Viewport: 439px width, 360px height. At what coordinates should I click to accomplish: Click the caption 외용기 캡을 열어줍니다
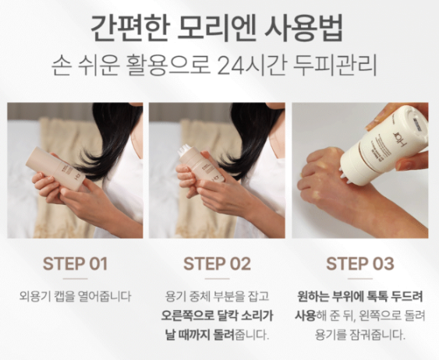click(75, 297)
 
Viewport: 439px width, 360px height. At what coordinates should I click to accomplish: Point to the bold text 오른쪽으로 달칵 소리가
click(218, 316)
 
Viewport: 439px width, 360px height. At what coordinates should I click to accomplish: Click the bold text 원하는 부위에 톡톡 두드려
click(360, 297)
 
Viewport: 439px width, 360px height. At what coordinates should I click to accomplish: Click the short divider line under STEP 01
click(75, 278)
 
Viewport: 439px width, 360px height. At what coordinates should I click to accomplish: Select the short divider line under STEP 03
click(360, 278)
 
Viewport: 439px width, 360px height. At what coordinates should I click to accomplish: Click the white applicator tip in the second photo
click(185, 148)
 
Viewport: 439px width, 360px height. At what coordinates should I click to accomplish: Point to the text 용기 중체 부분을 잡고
click(218, 297)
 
